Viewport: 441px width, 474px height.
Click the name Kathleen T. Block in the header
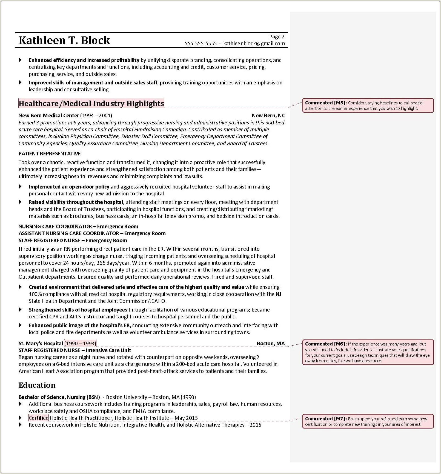64,41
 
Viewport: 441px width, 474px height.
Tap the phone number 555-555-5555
201,44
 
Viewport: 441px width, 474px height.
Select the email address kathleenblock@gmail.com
254,44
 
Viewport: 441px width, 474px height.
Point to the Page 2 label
277,37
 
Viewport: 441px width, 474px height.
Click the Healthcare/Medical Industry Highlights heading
91,104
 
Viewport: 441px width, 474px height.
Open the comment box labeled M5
368,105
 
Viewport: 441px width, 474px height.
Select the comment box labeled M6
368,352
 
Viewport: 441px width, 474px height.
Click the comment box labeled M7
368,421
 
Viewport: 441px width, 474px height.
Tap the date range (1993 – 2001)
96,116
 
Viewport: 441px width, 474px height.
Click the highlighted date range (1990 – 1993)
80,344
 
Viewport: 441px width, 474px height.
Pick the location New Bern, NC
268,116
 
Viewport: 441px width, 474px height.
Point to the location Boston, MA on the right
271,344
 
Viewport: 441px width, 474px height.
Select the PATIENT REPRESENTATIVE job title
50,154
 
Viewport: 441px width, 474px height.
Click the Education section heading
37,385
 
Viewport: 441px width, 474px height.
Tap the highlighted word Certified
39,418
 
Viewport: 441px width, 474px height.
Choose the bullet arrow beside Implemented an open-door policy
20,187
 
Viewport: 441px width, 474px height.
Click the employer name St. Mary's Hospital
41,344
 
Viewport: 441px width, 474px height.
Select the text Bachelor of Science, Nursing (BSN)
59,397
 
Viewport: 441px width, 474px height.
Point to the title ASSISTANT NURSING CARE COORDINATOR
69,233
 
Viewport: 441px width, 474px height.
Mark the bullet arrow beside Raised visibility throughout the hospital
20,202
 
